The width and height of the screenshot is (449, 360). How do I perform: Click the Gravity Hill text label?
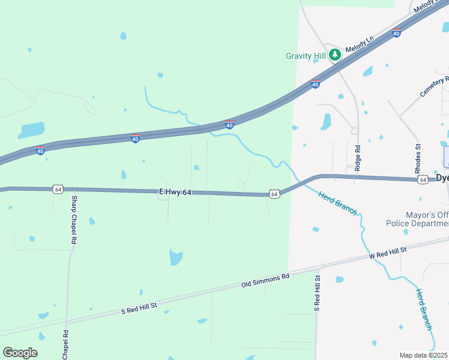pyautogui.click(x=306, y=56)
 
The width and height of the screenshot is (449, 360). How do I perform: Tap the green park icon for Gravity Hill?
pyautogui.click(x=335, y=55)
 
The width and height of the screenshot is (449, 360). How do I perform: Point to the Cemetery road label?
pyautogui.click(x=435, y=88)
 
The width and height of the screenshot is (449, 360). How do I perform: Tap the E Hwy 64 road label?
pyautogui.click(x=175, y=191)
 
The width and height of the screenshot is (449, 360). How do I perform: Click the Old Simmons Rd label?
pyautogui.click(x=265, y=280)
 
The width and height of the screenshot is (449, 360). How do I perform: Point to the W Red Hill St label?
pyautogui.click(x=388, y=253)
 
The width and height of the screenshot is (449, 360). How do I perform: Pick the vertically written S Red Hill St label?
pyautogui.click(x=318, y=293)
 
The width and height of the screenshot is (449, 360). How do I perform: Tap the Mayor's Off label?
pyautogui.click(x=417, y=214)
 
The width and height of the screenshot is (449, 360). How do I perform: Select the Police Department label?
pyautogui.click(x=417, y=224)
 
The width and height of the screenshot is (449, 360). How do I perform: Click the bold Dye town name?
pyautogui.click(x=442, y=178)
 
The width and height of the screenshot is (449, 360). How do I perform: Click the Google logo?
pyautogui.click(x=20, y=353)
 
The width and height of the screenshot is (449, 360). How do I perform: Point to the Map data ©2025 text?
pyautogui.click(x=424, y=355)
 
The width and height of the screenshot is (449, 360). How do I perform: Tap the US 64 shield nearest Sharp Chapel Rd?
pyautogui.click(x=58, y=189)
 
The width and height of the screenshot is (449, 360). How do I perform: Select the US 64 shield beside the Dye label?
pyautogui.click(x=424, y=179)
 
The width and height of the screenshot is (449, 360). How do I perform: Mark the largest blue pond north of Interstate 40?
pyautogui.click(x=32, y=130)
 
